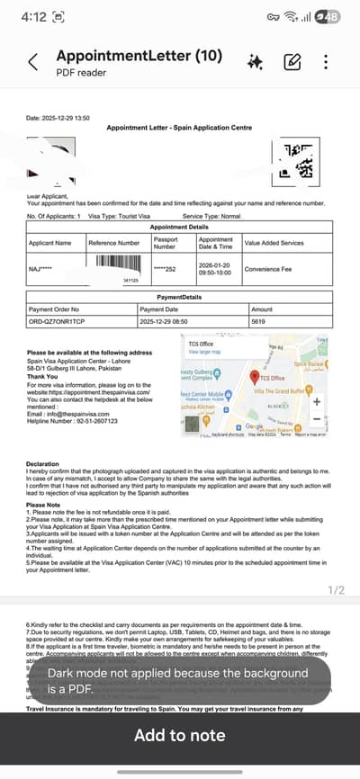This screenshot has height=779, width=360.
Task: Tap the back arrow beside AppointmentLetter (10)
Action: pos(33,62)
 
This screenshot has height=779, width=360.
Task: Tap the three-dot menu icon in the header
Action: pos(326,62)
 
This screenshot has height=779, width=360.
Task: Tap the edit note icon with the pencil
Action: pos(292,62)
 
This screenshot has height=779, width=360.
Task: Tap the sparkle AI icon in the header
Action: pos(256,62)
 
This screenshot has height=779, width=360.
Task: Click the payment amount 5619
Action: pos(258,321)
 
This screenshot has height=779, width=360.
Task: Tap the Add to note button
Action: pos(180,735)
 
